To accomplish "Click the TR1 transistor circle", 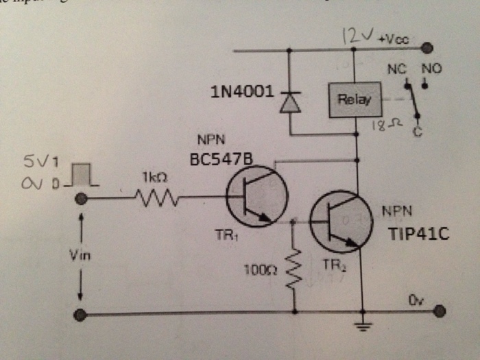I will coord(256,196).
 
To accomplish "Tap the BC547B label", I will coord(221,158).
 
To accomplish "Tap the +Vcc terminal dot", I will coord(428,49).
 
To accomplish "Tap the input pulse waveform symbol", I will coord(84,176).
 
